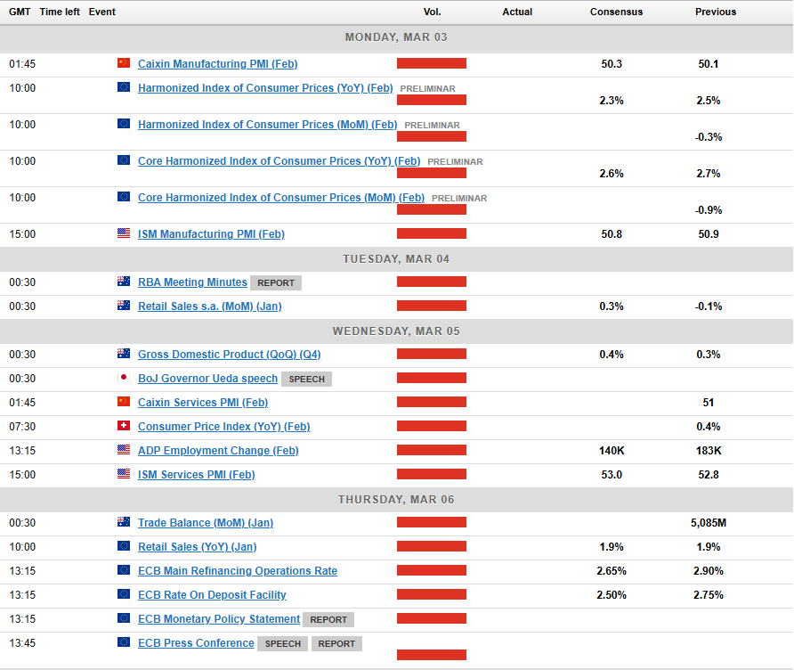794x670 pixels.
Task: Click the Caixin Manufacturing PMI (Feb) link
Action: click(217, 64)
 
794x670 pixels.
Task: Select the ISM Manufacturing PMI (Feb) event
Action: click(211, 234)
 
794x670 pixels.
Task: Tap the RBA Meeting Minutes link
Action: click(192, 282)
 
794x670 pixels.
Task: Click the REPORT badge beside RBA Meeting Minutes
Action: click(276, 282)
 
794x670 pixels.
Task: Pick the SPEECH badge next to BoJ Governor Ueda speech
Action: click(306, 379)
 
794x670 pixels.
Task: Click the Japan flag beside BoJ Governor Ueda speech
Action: click(124, 379)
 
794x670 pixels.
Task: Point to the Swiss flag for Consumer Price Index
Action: click(124, 427)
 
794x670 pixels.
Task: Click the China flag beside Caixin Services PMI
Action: click(124, 403)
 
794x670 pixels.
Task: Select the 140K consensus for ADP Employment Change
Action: click(612, 451)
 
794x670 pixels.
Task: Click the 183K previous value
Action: click(709, 451)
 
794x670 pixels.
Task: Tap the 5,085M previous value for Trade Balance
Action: click(709, 523)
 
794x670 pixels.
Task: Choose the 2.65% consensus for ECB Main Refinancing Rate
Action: click(612, 571)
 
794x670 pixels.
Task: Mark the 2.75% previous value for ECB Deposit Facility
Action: click(709, 595)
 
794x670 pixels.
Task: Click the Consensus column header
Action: click(616, 12)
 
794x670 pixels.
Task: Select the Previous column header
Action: click(716, 12)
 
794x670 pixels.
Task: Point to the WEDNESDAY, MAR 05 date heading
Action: click(396, 331)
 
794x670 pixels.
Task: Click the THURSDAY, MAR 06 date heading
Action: click(396, 499)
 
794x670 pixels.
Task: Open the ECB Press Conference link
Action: click(196, 643)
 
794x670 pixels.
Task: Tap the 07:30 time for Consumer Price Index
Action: click(22, 427)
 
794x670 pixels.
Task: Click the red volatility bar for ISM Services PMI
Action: click(432, 475)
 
